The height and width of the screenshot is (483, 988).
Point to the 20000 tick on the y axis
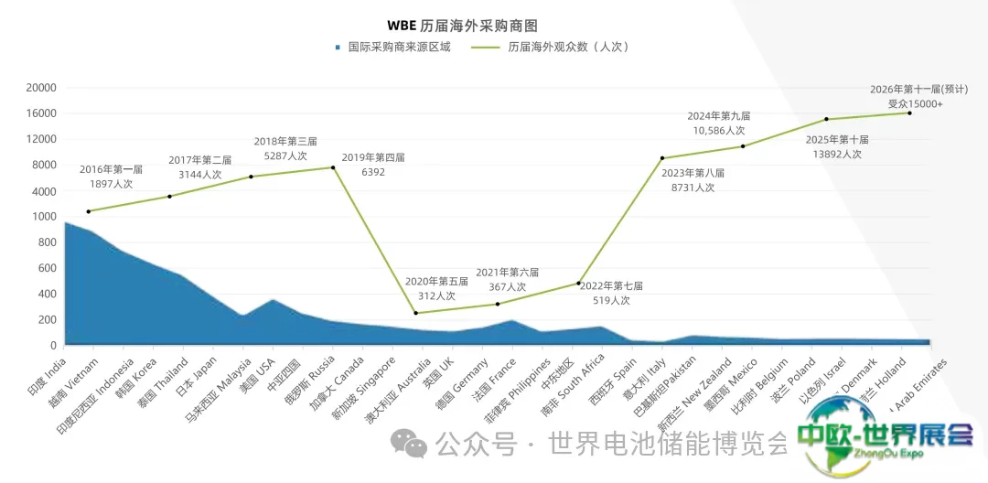[x=41, y=88]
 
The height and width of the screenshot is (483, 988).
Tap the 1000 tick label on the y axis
[x=44, y=217]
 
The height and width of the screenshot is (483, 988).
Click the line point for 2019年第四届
[x=333, y=167]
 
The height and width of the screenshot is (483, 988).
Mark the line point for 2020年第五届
[x=416, y=313]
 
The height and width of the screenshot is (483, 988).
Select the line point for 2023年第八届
[x=661, y=158]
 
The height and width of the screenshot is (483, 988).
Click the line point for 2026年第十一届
[x=909, y=113]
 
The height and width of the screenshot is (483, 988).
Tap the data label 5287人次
[x=285, y=156]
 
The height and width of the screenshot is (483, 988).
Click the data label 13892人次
[x=839, y=154]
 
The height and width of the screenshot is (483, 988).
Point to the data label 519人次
[x=612, y=300]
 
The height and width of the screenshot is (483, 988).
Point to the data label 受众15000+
[x=915, y=104]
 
